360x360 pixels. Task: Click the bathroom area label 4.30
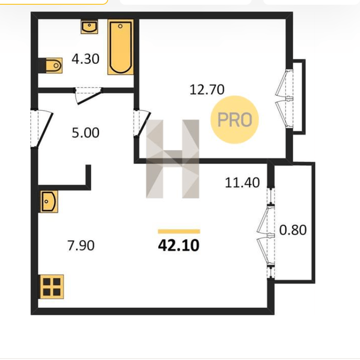[x=85, y=59]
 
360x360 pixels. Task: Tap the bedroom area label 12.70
[x=207, y=90]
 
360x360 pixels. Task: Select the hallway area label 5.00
[x=85, y=133]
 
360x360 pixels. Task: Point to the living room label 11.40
[x=242, y=183]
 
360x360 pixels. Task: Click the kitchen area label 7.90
[x=81, y=245]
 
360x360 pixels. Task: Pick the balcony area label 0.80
[x=293, y=230]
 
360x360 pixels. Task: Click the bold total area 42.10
[x=179, y=246]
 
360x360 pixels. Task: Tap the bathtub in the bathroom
[x=121, y=47]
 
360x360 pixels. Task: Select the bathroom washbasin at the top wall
[x=89, y=27]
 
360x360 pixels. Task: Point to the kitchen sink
[x=49, y=201]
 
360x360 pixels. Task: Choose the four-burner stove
[x=52, y=287]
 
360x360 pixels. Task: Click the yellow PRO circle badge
[x=235, y=120]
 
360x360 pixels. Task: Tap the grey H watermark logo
[x=173, y=159]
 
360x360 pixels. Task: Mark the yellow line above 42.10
[x=179, y=231]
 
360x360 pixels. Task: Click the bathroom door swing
[x=88, y=96]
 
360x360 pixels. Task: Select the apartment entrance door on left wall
[x=41, y=129]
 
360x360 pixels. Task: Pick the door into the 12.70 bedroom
[x=142, y=123]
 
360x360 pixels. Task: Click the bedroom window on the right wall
[x=284, y=99]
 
